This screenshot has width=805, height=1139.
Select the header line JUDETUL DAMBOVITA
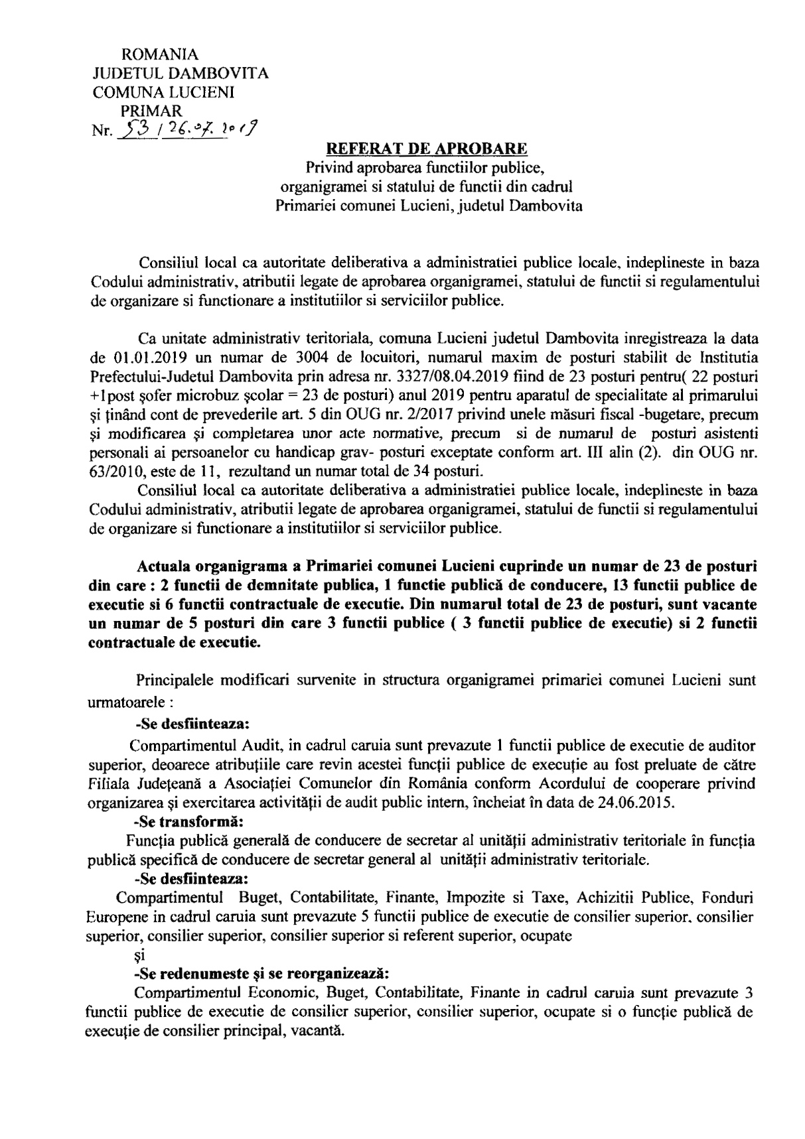click(x=181, y=73)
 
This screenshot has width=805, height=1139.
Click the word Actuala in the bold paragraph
click(x=160, y=567)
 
